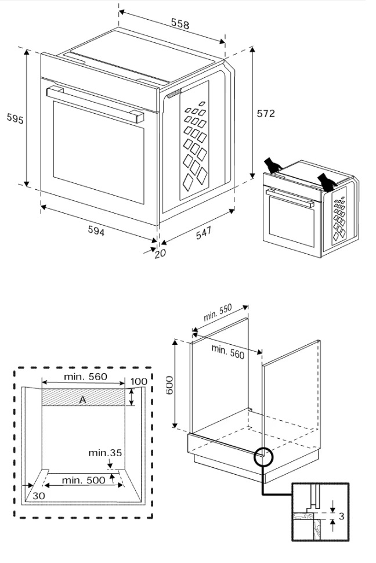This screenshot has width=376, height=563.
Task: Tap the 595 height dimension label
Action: tap(15, 118)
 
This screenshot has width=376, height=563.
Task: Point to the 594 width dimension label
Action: tap(96, 232)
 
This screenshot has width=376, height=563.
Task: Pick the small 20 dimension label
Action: tap(160, 253)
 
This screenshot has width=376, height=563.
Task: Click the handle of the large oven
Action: tap(94, 104)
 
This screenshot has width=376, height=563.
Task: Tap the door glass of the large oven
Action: tap(97, 154)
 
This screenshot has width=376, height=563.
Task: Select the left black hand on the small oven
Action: tap(271, 164)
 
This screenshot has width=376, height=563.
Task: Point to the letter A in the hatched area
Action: tap(82, 399)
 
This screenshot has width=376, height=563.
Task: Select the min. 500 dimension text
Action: tap(84, 480)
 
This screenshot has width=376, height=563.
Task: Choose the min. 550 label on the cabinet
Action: tap(218, 313)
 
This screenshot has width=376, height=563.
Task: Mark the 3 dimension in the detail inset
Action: tap(342, 516)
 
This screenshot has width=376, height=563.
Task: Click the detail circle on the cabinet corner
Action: tap(263, 457)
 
